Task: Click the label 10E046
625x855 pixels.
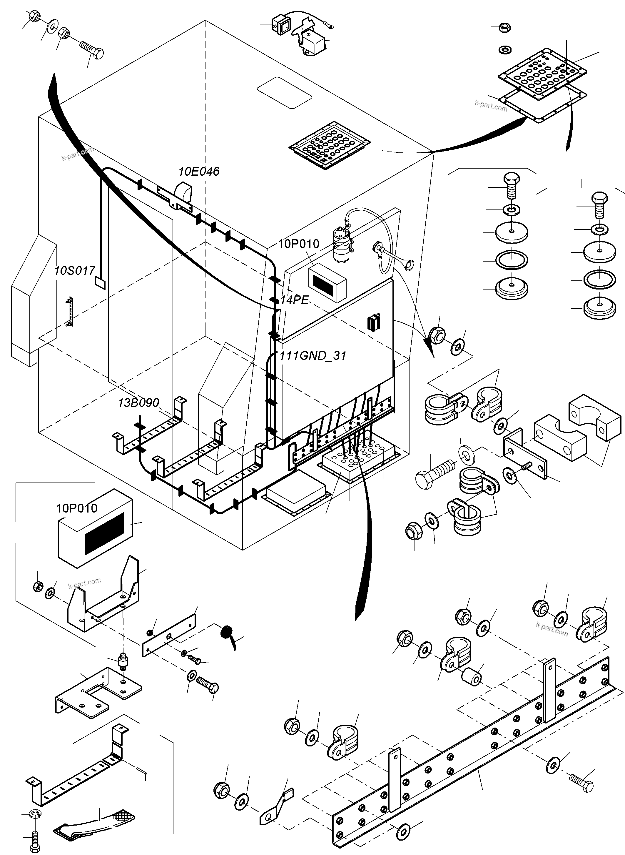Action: pyautogui.click(x=199, y=172)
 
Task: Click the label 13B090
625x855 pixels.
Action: pyautogui.click(x=138, y=402)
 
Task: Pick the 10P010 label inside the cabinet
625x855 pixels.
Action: pyautogui.click(x=299, y=244)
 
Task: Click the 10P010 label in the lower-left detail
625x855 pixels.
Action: pyautogui.click(x=77, y=508)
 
